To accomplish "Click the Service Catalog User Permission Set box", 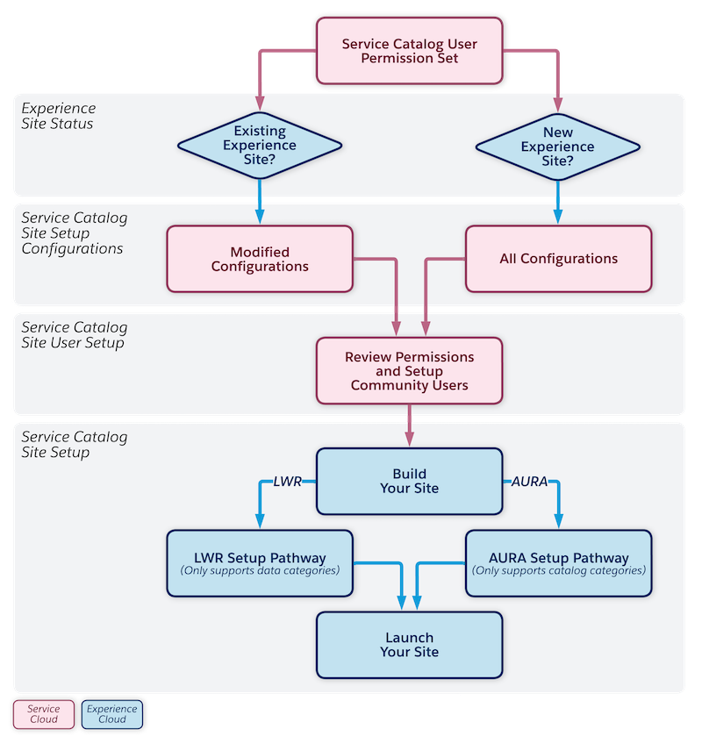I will point(409,51).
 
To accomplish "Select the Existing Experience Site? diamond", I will point(260,146).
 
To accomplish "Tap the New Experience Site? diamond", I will point(557,146).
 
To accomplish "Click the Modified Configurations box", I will point(260,259).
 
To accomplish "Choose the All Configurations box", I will point(558,259).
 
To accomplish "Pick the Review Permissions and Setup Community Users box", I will point(409,371).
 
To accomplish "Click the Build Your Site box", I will point(409,481).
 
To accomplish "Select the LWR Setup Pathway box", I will point(260,562).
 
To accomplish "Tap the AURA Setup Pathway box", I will point(558,562).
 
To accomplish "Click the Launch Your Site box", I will point(409,645).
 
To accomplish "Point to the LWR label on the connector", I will point(287,482).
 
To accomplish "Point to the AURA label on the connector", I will point(529,482).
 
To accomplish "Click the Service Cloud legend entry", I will point(43,714).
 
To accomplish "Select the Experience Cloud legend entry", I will point(111,714).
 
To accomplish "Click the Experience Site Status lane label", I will point(59,116).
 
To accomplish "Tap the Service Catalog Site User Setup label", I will point(75,335).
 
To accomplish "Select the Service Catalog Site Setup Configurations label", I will point(75,232).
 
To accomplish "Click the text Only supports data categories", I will point(260,571).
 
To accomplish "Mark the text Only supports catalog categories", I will point(558,571).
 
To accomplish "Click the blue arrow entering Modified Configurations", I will point(260,206).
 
